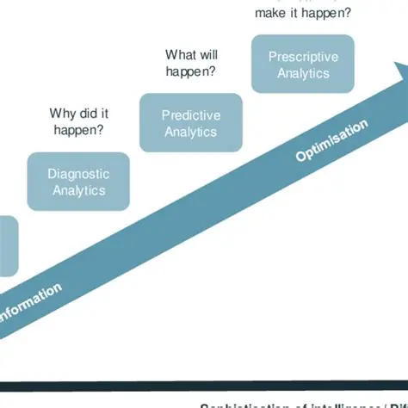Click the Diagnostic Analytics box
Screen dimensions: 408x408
click(x=78, y=182)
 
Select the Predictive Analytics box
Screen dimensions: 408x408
click(x=190, y=123)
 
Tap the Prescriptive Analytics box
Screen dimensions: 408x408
click(x=302, y=65)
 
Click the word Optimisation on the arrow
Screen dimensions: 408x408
click(x=331, y=140)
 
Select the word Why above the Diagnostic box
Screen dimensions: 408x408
click(x=62, y=113)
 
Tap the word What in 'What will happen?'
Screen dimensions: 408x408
click(x=178, y=55)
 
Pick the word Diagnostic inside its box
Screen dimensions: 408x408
click(x=78, y=174)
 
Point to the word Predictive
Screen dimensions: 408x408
click(x=190, y=115)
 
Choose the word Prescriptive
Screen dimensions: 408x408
click(x=303, y=57)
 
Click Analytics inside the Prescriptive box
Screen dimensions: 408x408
click(x=303, y=73)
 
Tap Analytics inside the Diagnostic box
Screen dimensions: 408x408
click(x=78, y=190)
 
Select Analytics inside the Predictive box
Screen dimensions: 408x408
click(x=190, y=132)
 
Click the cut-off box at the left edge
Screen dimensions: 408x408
click(x=7, y=246)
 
